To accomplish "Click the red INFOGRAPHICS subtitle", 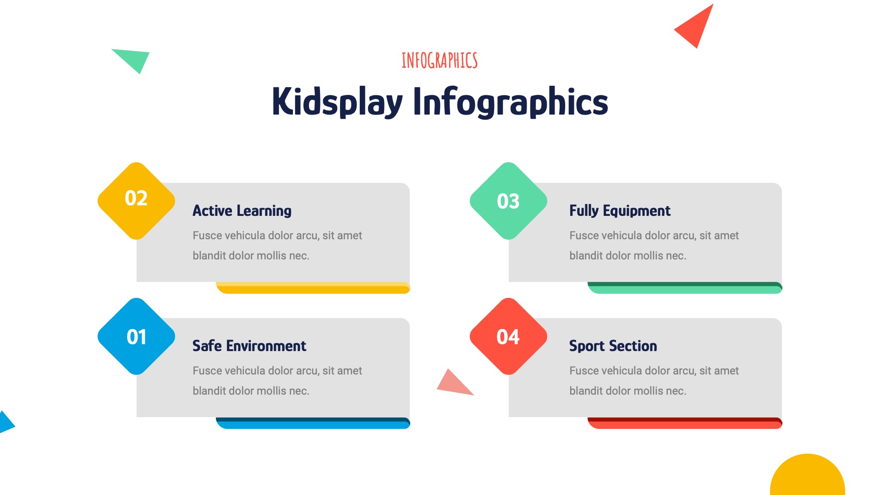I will click(439, 60).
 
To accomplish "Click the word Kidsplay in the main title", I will click(337, 102).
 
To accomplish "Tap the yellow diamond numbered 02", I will click(136, 200).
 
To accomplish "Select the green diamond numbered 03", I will click(508, 201).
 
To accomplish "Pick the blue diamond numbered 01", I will click(136, 336).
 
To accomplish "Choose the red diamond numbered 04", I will click(508, 336).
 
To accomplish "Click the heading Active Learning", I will click(242, 211).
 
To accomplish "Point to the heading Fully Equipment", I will click(620, 211).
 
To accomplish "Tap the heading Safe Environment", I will click(249, 346).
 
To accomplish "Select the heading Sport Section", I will click(613, 346).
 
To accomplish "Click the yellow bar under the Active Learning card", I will click(313, 288).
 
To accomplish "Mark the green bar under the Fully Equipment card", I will click(685, 288).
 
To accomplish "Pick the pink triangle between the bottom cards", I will click(452, 384).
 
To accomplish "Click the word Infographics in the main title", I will click(510, 102).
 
